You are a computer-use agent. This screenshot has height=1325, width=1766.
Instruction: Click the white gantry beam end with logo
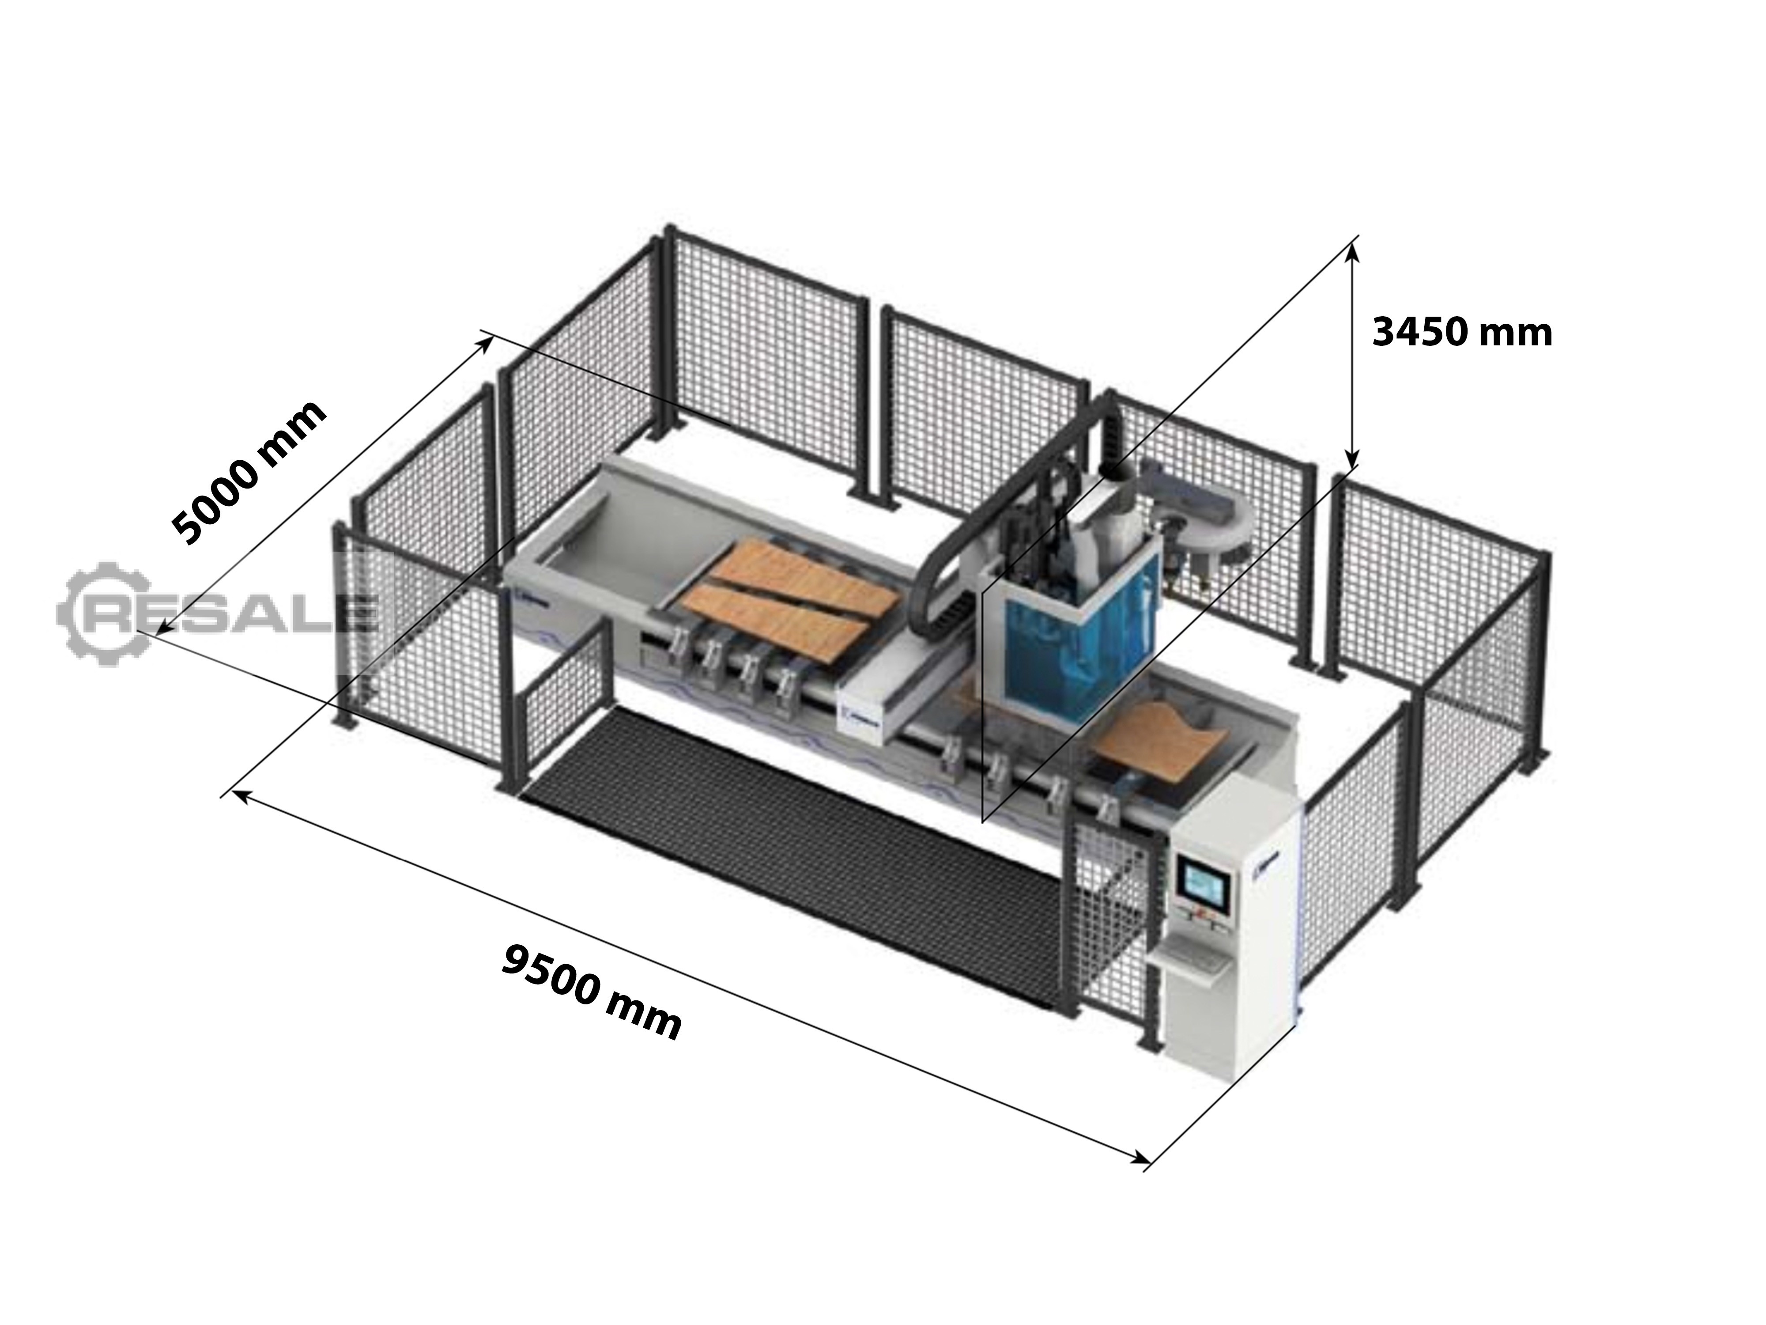[874, 703]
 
